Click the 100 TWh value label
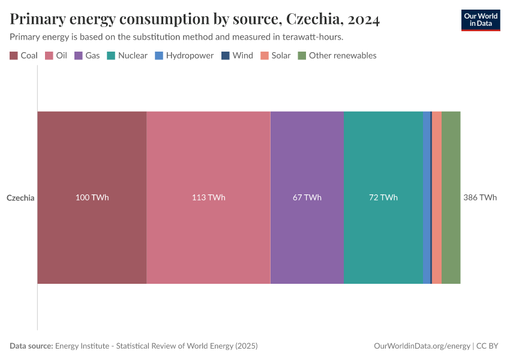pos(92,197)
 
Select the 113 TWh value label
pos(208,197)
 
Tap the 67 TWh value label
pos(307,197)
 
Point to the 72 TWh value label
pos(383,197)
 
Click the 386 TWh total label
pos(480,197)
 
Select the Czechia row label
pos(20,197)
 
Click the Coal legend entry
pos(24,55)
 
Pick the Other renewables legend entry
pos(337,55)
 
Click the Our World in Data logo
pos(481,20)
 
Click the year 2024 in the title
pos(363,19)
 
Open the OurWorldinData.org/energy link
pos(422,346)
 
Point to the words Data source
pos(31,346)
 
